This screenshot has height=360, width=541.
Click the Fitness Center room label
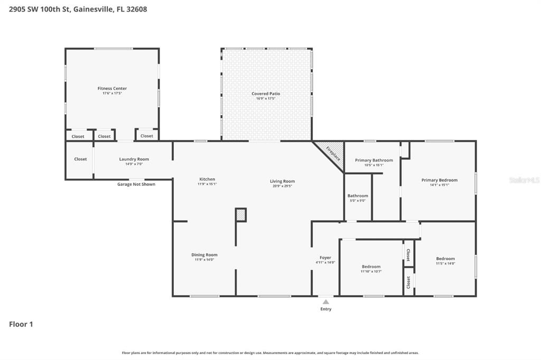[x=112, y=89]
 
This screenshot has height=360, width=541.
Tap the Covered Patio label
[x=266, y=94]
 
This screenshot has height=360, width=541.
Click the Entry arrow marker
[x=326, y=302]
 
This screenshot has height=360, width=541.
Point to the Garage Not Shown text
[x=136, y=184]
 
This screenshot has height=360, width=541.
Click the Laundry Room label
[x=134, y=159]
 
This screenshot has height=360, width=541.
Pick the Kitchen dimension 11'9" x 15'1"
[x=207, y=184]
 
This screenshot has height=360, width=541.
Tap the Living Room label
[x=282, y=181]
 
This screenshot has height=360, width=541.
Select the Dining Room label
[x=204, y=255]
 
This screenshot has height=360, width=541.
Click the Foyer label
[x=325, y=258]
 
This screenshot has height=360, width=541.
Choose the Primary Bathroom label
[x=374, y=160]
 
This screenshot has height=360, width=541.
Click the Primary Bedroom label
[x=439, y=180]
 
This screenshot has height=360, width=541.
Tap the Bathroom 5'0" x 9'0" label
[x=358, y=196]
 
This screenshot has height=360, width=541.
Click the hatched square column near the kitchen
[x=241, y=215]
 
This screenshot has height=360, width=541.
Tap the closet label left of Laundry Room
[x=80, y=159]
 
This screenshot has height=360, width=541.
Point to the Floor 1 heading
[x=21, y=324]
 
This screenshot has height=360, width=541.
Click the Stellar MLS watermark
[x=524, y=180]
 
